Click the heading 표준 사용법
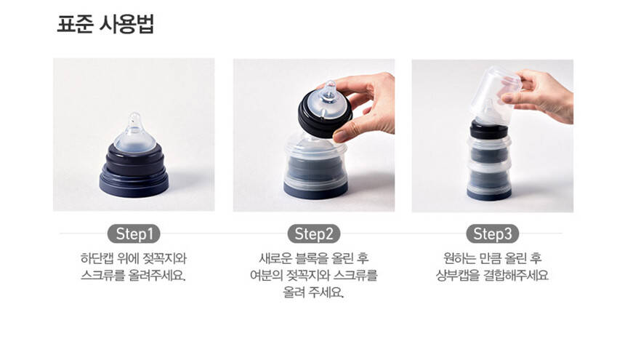point(105,24)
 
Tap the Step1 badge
point(134,234)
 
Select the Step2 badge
point(314,234)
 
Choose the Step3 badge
point(492,234)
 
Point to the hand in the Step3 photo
point(542,95)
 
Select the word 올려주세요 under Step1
point(157,275)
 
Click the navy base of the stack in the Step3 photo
point(489,195)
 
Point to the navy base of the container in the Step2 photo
point(315,191)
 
